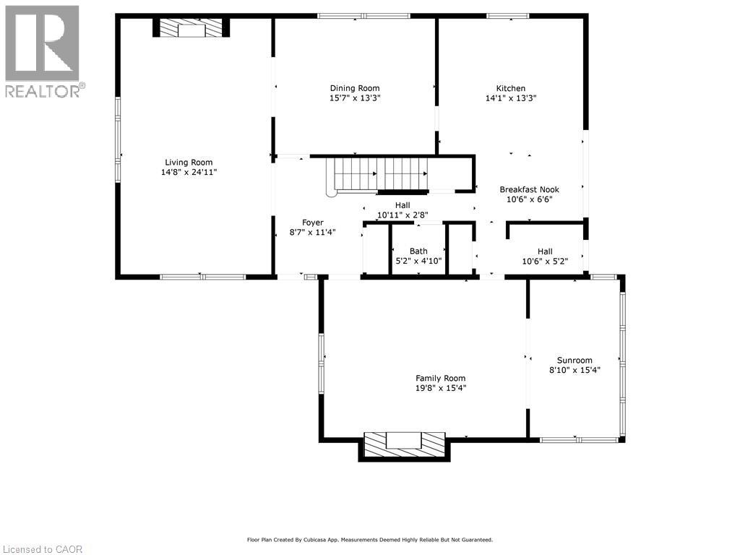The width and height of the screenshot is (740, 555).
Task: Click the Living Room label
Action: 189,163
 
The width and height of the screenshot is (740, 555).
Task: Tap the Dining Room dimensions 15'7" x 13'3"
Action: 355,98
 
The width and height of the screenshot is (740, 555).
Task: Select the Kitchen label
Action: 511,88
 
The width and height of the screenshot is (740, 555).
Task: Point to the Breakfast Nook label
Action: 530,189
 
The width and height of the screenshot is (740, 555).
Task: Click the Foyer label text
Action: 313,223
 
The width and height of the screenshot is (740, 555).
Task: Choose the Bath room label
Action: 418,251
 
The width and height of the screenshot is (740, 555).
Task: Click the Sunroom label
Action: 575,360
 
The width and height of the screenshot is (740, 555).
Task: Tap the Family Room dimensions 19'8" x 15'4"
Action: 441,388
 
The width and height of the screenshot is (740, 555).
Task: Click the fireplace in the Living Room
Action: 191,27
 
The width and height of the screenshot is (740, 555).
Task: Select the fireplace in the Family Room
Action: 404,445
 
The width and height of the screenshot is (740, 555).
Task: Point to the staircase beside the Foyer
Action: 377,176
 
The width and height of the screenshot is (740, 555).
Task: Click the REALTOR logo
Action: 43,52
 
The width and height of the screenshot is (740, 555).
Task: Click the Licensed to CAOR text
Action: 42,549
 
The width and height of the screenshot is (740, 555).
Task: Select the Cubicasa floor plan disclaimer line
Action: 370,539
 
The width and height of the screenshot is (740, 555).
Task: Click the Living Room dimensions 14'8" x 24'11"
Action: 189,172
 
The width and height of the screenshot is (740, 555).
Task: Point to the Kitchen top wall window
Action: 508,16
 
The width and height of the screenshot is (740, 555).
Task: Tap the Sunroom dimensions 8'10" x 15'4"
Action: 575,370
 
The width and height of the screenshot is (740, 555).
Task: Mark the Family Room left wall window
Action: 322,363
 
